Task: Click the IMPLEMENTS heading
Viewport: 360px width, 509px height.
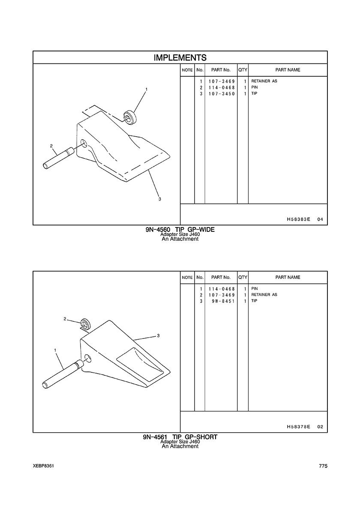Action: click(x=180, y=58)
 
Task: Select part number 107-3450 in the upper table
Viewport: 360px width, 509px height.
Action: click(x=222, y=94)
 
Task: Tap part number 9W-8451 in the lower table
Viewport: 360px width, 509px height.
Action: click(x=223, y=301)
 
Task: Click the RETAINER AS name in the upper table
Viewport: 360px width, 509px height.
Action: click(x=264, y=81)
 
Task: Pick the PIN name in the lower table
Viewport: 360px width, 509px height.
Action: click(x=255, y=289)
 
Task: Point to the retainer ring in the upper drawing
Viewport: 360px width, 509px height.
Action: click(x=130, y=117)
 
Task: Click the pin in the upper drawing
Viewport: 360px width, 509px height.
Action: click(x=59, y=159)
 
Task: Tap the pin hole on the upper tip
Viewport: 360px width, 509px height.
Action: click(x=84, y=143)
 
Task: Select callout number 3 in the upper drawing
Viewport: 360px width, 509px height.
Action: click(x=159, y=199)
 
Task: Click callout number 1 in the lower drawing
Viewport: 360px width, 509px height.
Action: click(x=55, y=350)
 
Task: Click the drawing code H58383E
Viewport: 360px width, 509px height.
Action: click(x=299, y=219)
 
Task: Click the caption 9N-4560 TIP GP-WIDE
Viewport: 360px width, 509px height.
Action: click(x=180, y=230)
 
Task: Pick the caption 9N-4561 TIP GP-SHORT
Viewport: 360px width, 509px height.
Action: click(x=180, y=437)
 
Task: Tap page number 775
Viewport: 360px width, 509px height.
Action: click(x=323, y=466)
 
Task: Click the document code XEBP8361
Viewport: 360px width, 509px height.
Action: click(x=43, y=466)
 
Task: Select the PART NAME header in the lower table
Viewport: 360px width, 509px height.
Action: click(x=288, y=277)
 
